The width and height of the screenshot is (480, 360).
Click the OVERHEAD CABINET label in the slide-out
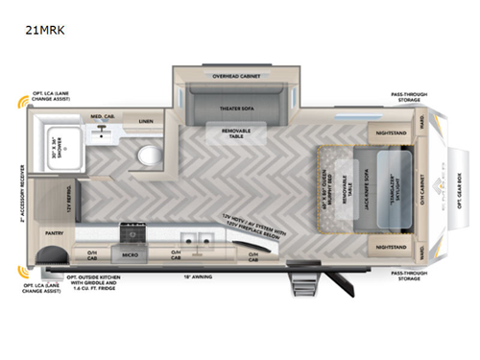point(232,73)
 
